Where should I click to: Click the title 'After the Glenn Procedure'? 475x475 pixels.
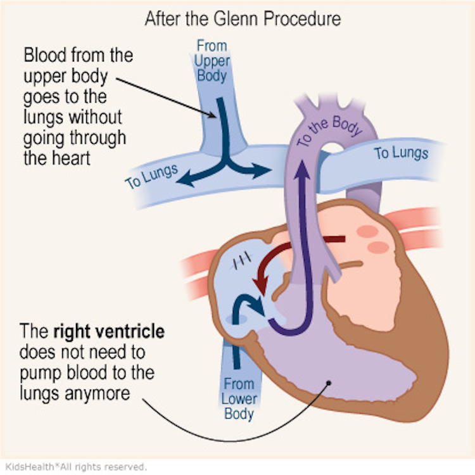(x=243, y=18)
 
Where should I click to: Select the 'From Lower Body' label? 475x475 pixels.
(x=237, y=399)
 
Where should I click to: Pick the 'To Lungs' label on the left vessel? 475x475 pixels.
(x=151, y=175)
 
